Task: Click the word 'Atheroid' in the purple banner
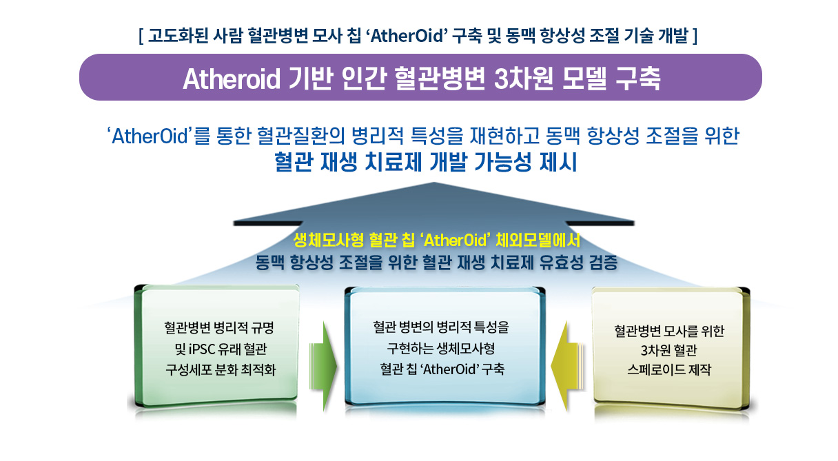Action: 231,79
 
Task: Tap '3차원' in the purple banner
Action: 523,79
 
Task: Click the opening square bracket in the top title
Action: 141,37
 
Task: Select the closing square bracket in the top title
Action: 695,37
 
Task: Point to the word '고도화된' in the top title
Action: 178,36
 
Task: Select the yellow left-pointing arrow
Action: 568,367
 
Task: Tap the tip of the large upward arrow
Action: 434,182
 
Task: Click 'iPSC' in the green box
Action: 202,349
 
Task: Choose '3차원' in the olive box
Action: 653,350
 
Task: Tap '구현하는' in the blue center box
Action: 409,349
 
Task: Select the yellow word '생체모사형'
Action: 329,240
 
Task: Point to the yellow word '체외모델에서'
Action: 538,240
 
